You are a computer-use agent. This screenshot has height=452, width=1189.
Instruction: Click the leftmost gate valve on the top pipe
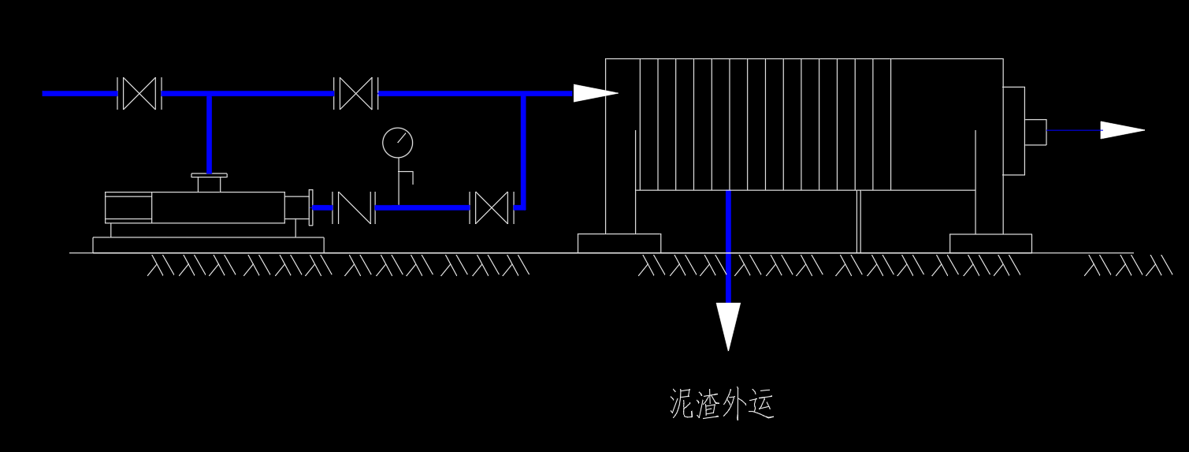click(139, 94)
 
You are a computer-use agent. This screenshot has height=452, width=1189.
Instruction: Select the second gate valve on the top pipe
click(356, 94)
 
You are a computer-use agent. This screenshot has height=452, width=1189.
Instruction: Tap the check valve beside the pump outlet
click(352, 207)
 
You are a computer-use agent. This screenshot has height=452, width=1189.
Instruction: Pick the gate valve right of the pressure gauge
click(492, 207)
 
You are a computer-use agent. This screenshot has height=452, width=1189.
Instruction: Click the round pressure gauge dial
click(397, 143)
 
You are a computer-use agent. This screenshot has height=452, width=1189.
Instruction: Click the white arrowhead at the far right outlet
click(1121, 130)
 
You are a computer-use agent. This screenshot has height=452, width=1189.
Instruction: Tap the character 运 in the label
click(761, 403)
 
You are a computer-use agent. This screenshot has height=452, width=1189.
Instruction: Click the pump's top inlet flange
click(210, 177)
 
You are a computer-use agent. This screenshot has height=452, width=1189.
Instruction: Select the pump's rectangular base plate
click(208, 245)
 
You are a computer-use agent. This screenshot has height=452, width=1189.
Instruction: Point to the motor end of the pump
click(128, 207)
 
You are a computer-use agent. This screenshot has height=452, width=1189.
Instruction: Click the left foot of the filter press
click(619, 243)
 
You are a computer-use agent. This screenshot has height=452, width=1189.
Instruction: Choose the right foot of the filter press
click(990, 243)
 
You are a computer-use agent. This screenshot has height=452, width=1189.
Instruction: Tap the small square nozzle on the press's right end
click(1035, 132)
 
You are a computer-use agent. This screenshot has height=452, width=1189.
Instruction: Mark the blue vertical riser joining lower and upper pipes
click(522, 150)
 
